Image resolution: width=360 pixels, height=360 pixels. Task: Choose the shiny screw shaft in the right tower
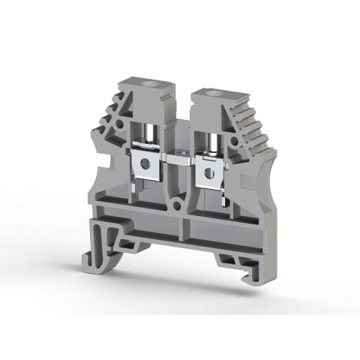(x=209, y=136)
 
